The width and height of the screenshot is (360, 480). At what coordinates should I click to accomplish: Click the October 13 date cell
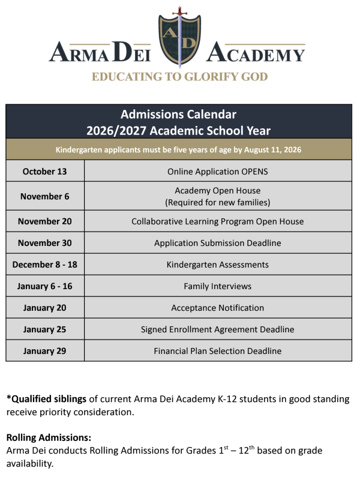coord(45,172)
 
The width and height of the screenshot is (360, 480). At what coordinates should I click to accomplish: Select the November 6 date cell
coord(45,196)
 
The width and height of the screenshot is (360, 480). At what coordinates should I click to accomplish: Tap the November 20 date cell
coord(45,221)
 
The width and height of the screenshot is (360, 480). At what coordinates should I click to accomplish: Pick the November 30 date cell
coord(45,243)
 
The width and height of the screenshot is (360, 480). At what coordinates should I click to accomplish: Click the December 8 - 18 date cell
coord(45,265)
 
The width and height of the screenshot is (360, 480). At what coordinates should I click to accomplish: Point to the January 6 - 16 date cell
coord(45,286)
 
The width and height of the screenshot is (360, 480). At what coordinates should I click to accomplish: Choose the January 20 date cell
coord(45,308)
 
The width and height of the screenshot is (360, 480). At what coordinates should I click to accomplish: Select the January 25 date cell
coord(45,329)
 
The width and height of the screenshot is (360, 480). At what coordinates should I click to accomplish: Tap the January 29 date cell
coord(45,351)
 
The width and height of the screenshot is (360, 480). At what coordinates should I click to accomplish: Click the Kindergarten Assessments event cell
coord(218,265)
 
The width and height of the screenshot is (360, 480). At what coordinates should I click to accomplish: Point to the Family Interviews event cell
coord(218,286)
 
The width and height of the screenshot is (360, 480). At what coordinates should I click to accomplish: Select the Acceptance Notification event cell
coord(218,308)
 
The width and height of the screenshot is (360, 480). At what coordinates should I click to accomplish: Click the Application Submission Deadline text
coord(218,243)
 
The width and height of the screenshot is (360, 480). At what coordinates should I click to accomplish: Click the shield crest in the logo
coord(178,41)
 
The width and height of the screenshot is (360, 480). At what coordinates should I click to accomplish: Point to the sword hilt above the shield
coord(178,12)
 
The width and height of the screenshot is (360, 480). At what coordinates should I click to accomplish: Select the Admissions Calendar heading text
coord(179,114)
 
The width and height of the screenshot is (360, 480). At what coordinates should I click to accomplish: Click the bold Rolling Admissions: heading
coord(49,438)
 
